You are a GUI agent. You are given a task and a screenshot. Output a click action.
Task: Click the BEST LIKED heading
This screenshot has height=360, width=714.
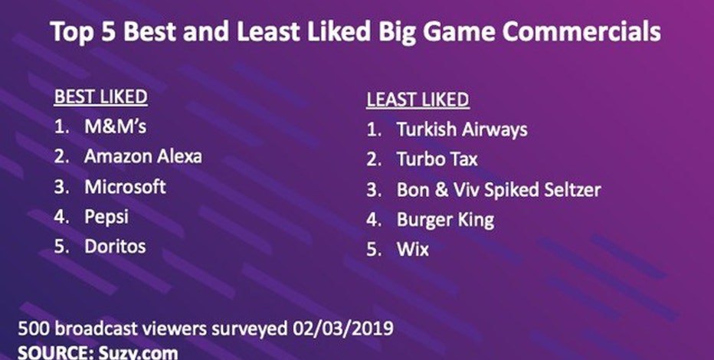click(100, 97)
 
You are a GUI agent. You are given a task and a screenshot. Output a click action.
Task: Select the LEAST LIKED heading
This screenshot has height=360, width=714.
click(418, 100)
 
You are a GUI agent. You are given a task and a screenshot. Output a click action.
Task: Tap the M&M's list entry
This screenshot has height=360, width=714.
click(116, 126)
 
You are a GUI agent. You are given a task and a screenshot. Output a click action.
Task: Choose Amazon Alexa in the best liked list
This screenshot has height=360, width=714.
click(143, 156)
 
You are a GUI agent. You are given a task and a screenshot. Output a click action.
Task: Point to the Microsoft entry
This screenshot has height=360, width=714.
click(125, 187)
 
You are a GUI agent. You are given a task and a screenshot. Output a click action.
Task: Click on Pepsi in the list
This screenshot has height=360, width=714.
click(106, 217)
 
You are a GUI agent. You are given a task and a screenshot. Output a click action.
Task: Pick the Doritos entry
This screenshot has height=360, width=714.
click(115, 246)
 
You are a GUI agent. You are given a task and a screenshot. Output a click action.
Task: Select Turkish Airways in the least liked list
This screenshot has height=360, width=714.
click(462, 129)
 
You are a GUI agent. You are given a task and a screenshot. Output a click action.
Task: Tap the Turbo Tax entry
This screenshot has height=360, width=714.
click(437, 159)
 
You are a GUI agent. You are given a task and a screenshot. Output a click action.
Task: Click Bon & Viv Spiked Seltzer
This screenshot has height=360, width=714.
click(499, 190)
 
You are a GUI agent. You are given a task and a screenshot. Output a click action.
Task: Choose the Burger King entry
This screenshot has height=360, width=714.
click(445, 221)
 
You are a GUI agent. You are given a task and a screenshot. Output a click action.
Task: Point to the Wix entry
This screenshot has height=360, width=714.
click(413, 250)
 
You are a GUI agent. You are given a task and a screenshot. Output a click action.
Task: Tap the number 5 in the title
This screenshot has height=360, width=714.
click(109, 32)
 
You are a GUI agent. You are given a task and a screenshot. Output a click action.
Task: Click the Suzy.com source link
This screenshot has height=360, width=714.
click(139, 352)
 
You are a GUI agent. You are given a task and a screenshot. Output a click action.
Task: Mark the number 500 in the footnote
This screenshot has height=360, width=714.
click(34, 329)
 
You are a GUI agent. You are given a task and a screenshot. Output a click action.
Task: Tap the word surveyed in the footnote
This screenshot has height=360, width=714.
click(243, 329)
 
